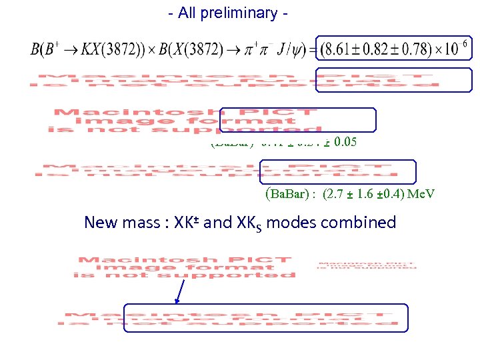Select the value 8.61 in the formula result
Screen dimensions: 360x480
tap(340, 49)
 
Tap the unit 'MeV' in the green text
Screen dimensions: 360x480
tap(422, 195)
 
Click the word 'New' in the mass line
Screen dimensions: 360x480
tap(102, 223)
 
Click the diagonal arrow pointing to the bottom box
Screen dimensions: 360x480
tap(179, 291)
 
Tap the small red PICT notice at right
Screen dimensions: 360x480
tap(366, 265)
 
